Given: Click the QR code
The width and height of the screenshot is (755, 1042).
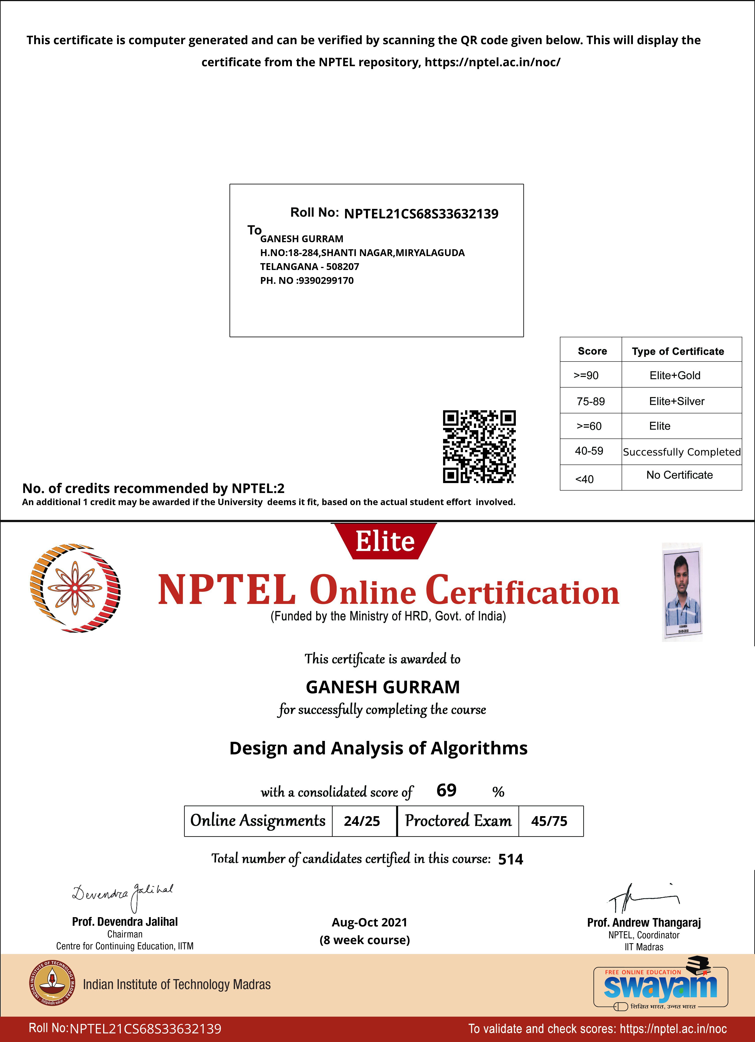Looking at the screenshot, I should tap(479, 447).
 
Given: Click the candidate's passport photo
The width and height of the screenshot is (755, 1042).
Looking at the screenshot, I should tap(682, 592).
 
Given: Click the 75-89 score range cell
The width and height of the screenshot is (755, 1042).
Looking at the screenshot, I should tap(591, 401).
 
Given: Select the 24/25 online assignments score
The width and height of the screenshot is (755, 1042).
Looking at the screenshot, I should tap(362, 821).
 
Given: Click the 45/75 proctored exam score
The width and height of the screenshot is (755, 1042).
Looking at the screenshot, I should tap(549, 821).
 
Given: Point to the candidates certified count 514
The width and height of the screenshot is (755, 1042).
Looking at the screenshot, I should tap(511, 859).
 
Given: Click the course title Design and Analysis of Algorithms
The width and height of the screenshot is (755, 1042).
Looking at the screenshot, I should tap(378, 748).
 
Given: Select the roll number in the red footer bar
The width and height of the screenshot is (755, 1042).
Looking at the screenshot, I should tap(145, 1029).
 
